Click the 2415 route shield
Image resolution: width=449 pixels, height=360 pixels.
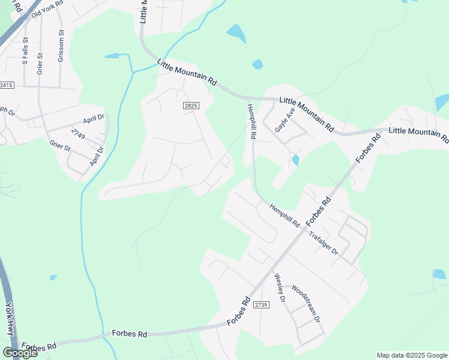tap(7, 86)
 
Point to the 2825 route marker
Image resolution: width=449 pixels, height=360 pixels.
tap(190, 105)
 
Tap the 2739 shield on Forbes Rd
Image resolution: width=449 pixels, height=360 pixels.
tap(261, 305)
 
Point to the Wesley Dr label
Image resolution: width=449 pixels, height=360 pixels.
tap(279, 288)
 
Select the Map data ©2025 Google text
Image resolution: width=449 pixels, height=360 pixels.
tap(411, 355)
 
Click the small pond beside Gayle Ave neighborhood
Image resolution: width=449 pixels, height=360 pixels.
tap(295, 160)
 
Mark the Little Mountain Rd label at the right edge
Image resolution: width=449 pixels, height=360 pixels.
tap(418, 134)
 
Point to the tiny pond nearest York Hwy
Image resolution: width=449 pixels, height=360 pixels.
tap(53, 277)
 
